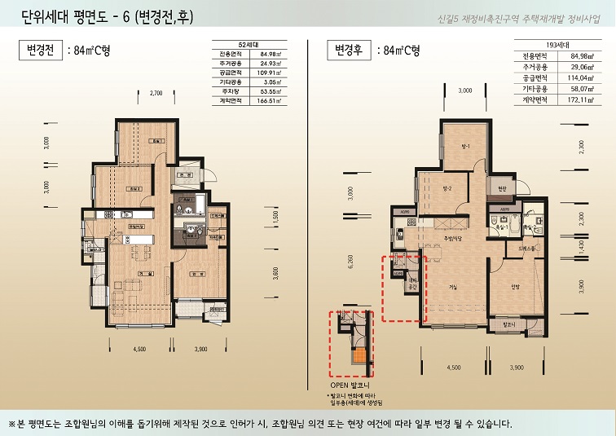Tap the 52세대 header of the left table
coord(248,43)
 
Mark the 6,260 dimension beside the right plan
coord(350,262)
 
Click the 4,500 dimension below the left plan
coord(139,349)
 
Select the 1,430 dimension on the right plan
coord(581,253)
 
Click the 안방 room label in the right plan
coord(515,286)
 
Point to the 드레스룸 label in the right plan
coord(526,247)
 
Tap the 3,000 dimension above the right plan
coord(464,90)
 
